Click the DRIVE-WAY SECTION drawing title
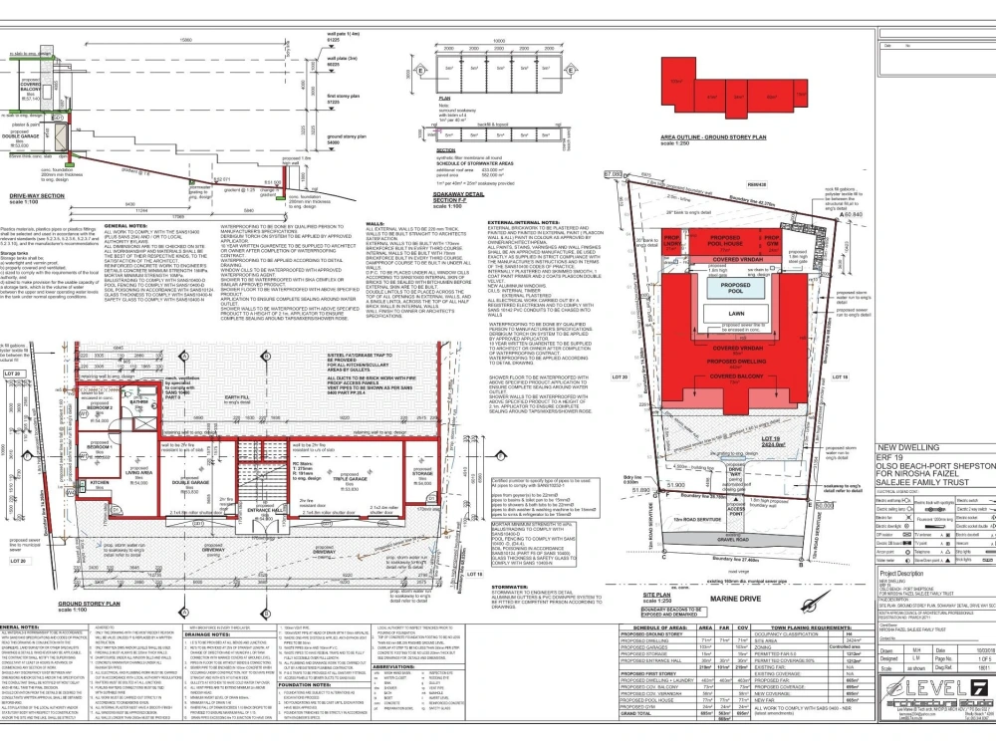coord(38,196)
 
